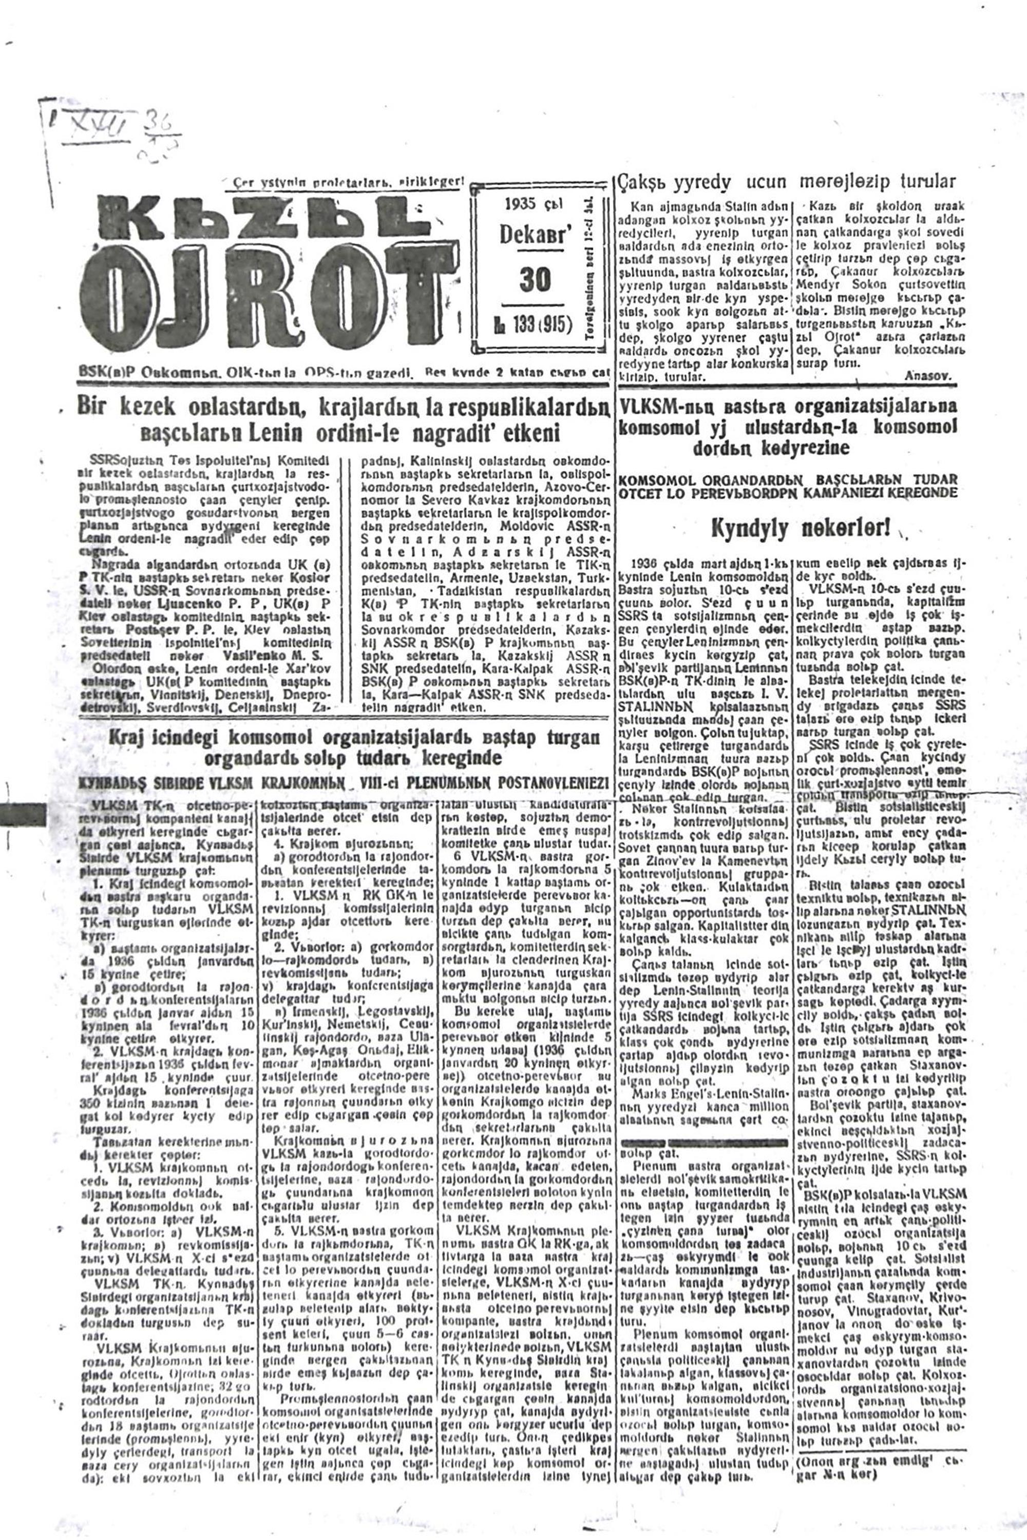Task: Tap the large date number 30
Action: pos(535,281)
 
